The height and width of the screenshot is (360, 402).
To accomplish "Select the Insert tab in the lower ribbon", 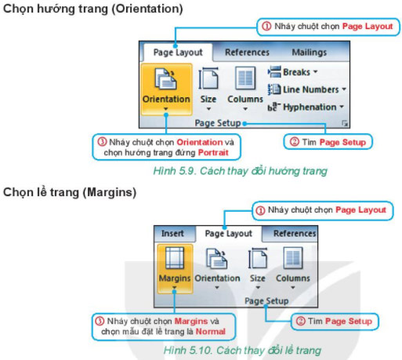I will (172, 234).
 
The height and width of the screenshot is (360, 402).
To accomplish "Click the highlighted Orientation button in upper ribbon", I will (166, 88).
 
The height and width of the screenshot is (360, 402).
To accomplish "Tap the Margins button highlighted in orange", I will (174, 267).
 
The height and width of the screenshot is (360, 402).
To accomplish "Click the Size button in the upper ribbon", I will (208, 88).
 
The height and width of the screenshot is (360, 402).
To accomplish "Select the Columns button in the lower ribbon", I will (292, 267).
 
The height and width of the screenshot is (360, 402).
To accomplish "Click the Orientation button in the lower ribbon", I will (217, 267).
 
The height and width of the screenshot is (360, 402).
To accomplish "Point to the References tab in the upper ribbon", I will (247, 53).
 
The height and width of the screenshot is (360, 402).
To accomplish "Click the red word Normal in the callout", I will (210, 332).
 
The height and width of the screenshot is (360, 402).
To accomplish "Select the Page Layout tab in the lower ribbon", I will (228, 234).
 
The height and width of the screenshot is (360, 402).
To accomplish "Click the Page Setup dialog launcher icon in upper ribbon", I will (345, 124).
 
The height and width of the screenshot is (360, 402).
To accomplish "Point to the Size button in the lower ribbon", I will (257, 267).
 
